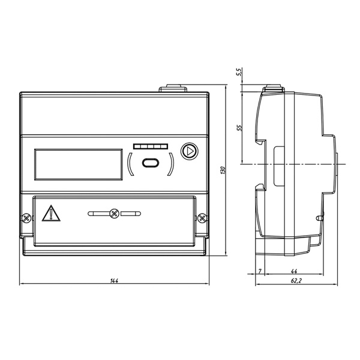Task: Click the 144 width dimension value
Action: click(x=114, y=281)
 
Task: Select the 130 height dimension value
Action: click(x=223, y=170)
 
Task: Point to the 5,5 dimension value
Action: click(x=239, y=72)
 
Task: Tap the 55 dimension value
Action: click(x=239, y=128)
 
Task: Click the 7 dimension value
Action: click(x=260, y=271)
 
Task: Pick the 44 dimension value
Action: click(x=294, y=271)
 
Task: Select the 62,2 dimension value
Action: click(x=296, y=281)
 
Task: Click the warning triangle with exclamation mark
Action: click(x=51, y=214)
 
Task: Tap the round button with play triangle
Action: click(x=190, y=151)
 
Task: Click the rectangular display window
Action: click(x=79, y=164)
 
